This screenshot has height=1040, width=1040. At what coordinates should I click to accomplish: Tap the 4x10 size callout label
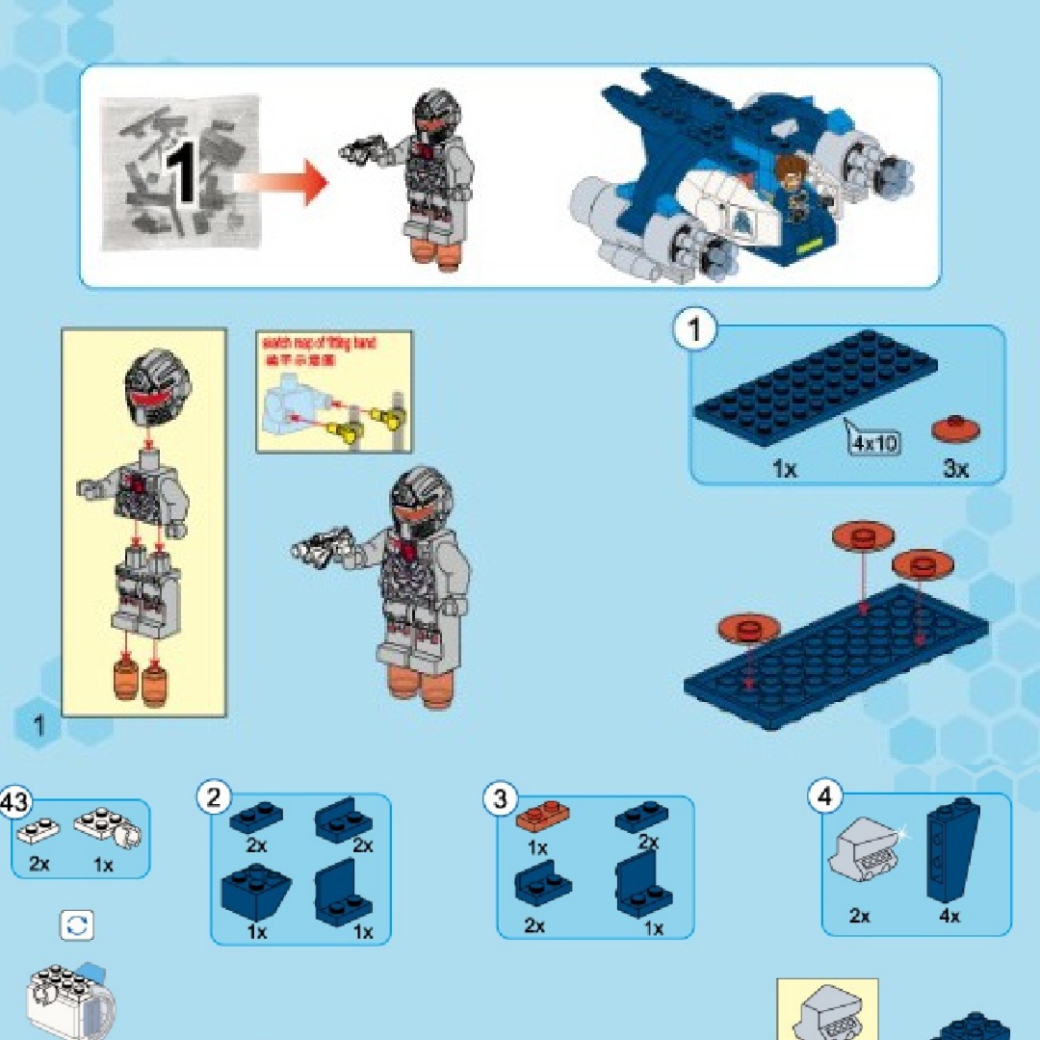coord(873,443)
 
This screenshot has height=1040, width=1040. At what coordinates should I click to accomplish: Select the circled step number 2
coord(214,797)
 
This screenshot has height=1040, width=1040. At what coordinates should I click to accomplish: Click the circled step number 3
coord(500,798)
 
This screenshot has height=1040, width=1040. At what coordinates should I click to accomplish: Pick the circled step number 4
coord(824,797)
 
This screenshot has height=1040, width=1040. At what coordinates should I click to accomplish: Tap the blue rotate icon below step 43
coord(77,925)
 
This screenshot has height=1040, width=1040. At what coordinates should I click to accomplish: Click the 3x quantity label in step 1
coord(955,469)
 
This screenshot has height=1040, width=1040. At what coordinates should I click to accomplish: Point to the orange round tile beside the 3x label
coord(955,428)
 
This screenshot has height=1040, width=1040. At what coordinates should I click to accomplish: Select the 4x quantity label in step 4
coord(949,916)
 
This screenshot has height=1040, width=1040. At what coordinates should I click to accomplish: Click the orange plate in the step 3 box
coord(543,818)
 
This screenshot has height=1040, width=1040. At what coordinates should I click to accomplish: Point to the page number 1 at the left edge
coord(39,726)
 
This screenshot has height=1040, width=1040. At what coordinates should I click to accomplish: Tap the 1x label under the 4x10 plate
coord(784,469)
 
